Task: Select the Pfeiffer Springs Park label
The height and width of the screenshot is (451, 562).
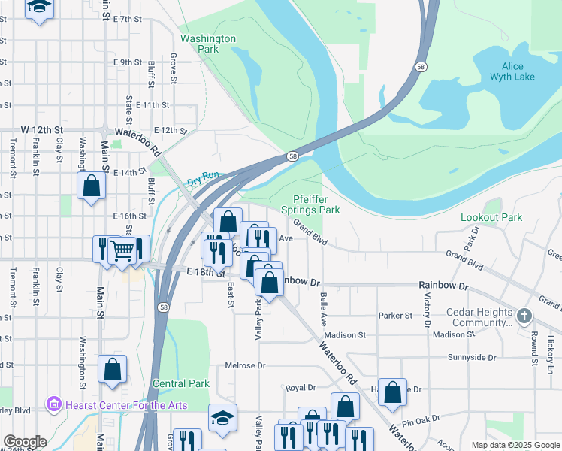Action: pos(316,205)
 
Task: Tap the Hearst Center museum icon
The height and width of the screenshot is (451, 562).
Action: pos(53,404)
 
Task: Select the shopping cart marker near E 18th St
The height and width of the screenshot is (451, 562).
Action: pos(121,250)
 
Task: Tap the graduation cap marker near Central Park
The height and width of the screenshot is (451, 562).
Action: pos(223,419)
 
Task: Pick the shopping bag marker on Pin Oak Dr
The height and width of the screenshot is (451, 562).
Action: pos(392,392)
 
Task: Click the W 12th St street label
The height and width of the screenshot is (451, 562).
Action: pos(41,130)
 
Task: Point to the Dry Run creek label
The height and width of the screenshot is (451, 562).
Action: pos(203,177)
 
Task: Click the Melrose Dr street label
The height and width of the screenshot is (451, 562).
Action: pos(245,366)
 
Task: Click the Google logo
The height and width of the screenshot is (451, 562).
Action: pos(25,442)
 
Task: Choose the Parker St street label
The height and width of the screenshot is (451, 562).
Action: pos(396,316)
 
